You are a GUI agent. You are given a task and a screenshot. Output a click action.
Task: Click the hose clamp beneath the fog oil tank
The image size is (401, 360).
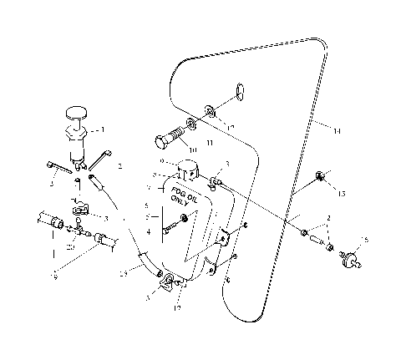(169, 281)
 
